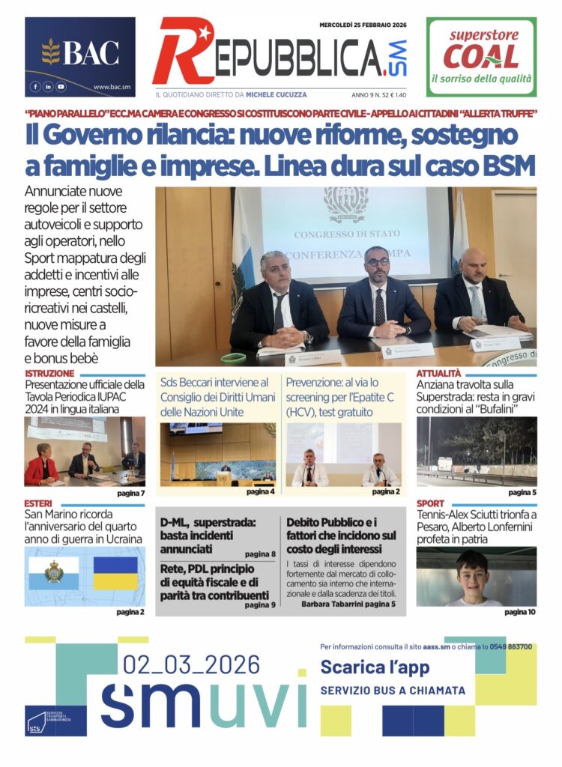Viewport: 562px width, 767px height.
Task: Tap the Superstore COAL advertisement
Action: point(481,57)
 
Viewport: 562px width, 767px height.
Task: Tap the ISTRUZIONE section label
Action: point(49,373)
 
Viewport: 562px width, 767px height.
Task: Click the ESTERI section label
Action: point(38,503)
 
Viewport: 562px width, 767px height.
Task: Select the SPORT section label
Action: point(431,503)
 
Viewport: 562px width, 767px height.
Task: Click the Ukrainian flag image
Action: point(115,573)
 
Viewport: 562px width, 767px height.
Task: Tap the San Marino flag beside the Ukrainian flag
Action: point(54,573)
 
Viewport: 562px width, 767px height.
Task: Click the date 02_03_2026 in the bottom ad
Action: point(192,664)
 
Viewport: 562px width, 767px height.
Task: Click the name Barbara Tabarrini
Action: point(333,604)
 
